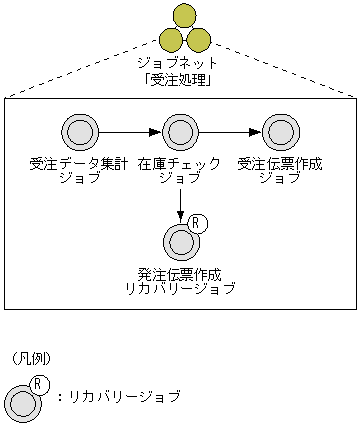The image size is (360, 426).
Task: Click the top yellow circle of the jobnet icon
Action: (x=184, y=15)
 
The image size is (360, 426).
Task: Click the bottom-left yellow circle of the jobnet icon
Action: (x=171, y=40)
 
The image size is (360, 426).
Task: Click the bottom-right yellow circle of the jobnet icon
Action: (x=198, y=40)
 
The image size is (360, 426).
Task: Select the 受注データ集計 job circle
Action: (x=80, y=131)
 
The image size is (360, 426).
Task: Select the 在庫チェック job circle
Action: (x=180, y=131)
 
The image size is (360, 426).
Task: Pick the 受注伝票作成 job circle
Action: (x=280, y=131)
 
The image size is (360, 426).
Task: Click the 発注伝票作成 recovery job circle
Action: (x=180, y=241)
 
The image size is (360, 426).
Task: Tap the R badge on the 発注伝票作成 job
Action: (x=197, y=223)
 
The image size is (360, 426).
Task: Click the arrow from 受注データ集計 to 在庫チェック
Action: (x=130, y=131)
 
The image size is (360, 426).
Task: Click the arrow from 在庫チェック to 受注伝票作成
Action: (x=230, y=131)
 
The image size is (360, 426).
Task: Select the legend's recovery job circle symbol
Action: (x=22, y=403)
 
